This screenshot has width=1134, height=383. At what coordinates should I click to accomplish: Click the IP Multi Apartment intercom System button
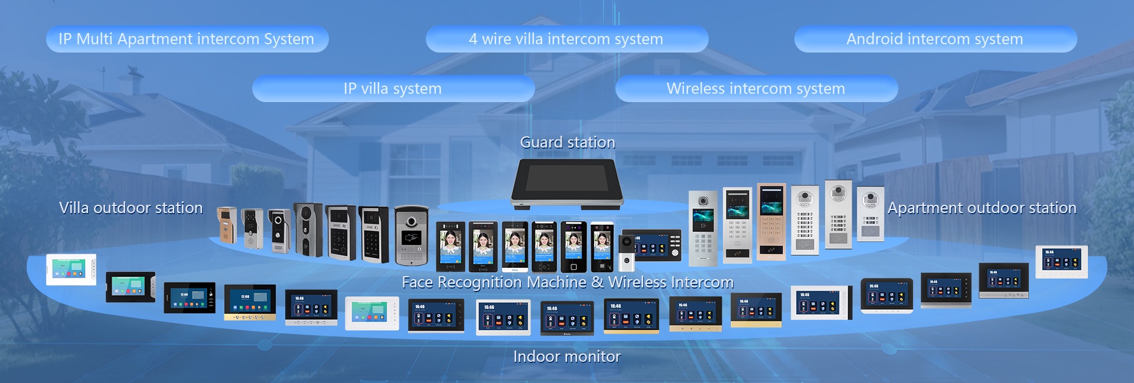coord(187,39)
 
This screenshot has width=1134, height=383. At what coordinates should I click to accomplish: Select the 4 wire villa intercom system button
coord(566,39)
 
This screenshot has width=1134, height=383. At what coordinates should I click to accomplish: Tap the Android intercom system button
coord(935,39)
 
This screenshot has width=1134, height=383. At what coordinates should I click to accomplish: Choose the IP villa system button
coord(393,89)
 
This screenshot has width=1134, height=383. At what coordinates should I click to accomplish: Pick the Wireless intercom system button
coord(756,89)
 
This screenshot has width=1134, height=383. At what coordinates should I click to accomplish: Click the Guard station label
coord(567,142)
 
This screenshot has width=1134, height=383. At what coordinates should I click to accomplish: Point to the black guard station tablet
coord(566,184)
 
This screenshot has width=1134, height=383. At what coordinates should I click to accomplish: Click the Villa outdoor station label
coord(131,208)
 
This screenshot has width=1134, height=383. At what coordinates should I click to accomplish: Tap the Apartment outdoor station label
coord(982,208)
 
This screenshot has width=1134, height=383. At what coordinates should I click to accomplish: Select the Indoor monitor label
coord(566,356)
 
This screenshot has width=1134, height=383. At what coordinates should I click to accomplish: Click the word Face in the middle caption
coord(417,283)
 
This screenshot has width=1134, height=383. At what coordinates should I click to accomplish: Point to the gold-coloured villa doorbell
coord(227,224)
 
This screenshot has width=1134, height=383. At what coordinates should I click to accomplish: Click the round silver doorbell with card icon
coord(411,234)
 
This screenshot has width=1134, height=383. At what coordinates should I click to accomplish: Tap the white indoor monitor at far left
coord(71,270)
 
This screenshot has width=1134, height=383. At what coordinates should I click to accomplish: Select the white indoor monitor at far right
coord(1061,261)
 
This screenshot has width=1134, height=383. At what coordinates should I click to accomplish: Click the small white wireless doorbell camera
coord(627,253)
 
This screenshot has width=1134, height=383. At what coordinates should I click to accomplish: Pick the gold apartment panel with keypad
coord(771,221)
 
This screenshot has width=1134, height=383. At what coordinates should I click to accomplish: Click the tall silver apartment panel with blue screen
coord(703,227)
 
